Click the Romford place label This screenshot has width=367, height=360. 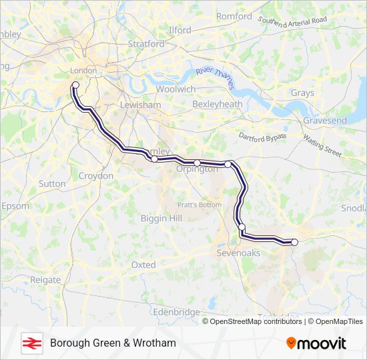[234, 16]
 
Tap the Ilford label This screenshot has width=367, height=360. [179, 30]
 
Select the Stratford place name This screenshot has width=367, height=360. [146, 44]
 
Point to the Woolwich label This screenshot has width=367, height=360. [175, 89]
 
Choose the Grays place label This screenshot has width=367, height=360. [302, 93]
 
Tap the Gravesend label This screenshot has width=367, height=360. [325, 121]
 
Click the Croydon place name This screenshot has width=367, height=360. [96, 176]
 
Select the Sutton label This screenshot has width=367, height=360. [52, 183]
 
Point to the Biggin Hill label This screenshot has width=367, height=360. [161, 218]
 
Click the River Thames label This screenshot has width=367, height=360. [216, 79]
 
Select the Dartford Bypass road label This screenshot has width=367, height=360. [263, 136]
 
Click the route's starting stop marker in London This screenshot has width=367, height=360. [75, 85]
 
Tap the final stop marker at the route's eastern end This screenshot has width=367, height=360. [294, 242]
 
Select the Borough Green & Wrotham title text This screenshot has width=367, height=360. [113, 343]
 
